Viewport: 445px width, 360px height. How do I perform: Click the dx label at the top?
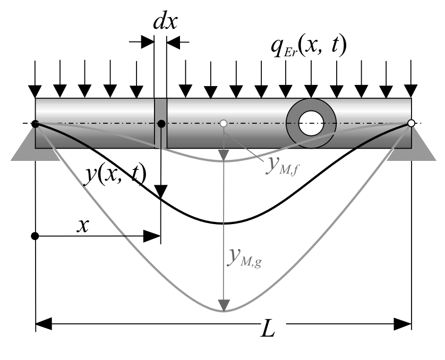165,22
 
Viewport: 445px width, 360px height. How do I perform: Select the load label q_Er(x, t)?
309,47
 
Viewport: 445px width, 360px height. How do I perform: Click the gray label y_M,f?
282,166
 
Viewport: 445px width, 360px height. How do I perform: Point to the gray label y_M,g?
244,258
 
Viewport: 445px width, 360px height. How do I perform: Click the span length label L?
268,328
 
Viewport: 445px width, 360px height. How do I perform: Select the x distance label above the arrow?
83,226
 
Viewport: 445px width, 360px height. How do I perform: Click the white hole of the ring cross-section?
311,123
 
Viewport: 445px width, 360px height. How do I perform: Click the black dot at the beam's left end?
35,124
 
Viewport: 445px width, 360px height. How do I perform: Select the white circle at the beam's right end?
411,123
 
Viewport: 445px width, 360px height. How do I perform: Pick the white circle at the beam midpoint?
224,123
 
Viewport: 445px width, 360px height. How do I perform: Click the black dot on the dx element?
161,124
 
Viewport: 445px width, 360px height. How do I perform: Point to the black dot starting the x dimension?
35,236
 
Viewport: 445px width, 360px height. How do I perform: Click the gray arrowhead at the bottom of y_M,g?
224,305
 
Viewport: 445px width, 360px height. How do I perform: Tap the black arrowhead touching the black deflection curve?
161,192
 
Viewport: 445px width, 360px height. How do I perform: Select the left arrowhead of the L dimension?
44,324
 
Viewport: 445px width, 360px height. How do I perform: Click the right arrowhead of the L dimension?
403,324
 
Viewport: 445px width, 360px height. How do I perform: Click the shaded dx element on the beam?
160,123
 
